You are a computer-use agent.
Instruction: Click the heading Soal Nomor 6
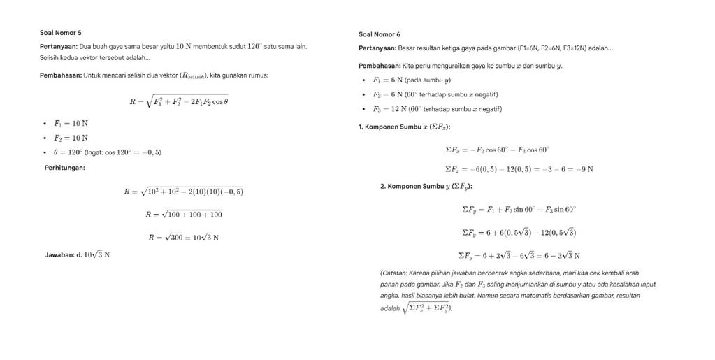[380, 34]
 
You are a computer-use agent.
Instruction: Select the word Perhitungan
[64, 167]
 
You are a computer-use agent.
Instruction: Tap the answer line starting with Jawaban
[77, 255]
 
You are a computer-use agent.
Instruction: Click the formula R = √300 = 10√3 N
[183, 238]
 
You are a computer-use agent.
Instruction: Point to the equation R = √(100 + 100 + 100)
[183, 215]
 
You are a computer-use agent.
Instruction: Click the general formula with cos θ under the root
[179, 101]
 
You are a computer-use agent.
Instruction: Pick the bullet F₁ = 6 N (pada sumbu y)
[412, 80]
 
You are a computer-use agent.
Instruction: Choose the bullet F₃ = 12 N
[437, 109]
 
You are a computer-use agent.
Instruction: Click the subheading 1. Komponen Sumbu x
[404, 127]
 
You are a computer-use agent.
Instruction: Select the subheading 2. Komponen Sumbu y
[426, 187]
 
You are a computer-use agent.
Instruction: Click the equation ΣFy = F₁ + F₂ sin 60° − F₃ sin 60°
[519, 209]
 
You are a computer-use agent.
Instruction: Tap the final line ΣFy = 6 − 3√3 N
[519, 256]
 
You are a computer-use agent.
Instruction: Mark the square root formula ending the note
[426, 308]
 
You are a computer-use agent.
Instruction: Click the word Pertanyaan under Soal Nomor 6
[377, 48]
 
